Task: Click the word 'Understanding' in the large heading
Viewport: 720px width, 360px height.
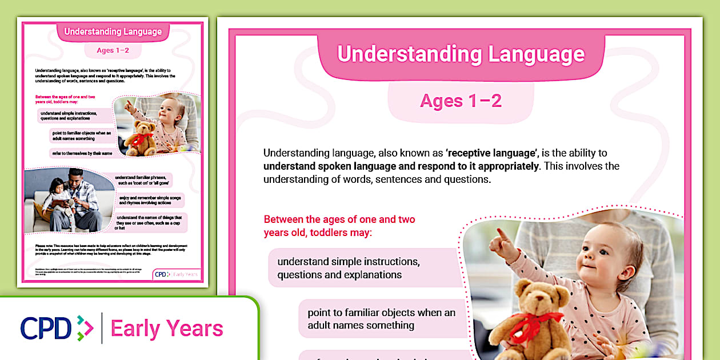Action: click(x=402, y=54)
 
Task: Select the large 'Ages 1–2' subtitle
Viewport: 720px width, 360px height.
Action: click(x=461, y=101)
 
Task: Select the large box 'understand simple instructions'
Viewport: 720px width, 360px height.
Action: click(x=349, y=268)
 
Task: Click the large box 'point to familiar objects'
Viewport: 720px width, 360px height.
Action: click(x=381, y=319)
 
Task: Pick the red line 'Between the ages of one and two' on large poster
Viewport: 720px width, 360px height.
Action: click(x=339, y=219)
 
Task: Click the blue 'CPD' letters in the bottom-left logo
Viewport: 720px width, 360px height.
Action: click(x=46, y=328)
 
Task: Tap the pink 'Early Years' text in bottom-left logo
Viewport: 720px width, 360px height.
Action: click(x=167, y=329)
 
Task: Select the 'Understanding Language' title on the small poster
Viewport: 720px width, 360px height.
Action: click(x=113, y=32)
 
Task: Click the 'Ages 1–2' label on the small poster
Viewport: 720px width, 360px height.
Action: click(x=113, y=50)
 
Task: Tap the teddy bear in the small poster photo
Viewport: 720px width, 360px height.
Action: click(x=140, y=138)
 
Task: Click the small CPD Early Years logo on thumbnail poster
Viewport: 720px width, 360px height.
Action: click(x=177, y=274)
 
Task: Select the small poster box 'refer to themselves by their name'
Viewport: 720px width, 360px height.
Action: click(x=81, y=153)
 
